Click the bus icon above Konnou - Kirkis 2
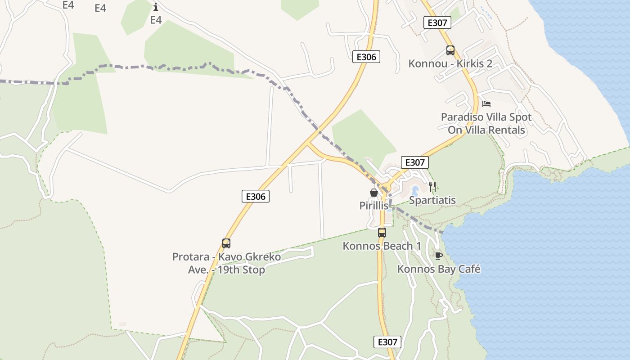click(450, 50)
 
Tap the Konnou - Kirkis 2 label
click(450, 63)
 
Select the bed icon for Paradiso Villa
click(486, 104)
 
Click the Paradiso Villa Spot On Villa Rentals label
click(486, 123)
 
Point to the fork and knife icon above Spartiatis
click(432, 187)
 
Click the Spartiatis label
click(432, 200)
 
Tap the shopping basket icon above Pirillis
click(374, 193)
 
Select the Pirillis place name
click(374, 206)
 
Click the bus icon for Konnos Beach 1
click(382, 233)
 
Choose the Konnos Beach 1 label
click(382, 246)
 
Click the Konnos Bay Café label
click(439, 269)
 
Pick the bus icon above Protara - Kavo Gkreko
click(226, 243)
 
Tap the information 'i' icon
click(156, 7)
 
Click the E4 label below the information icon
click(156, 20)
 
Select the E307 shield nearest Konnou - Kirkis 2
click(437, 23)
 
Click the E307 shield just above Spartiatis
click(414, 162)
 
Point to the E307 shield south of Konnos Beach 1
click(387, 342)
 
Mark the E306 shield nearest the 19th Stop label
click(256, 196)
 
